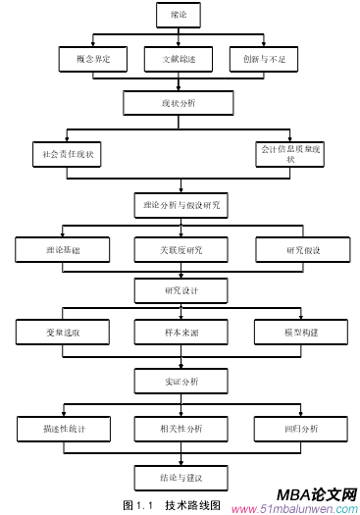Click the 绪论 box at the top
179,14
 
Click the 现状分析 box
179,103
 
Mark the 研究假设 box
301,250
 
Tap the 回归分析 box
301,429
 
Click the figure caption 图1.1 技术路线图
171,505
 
